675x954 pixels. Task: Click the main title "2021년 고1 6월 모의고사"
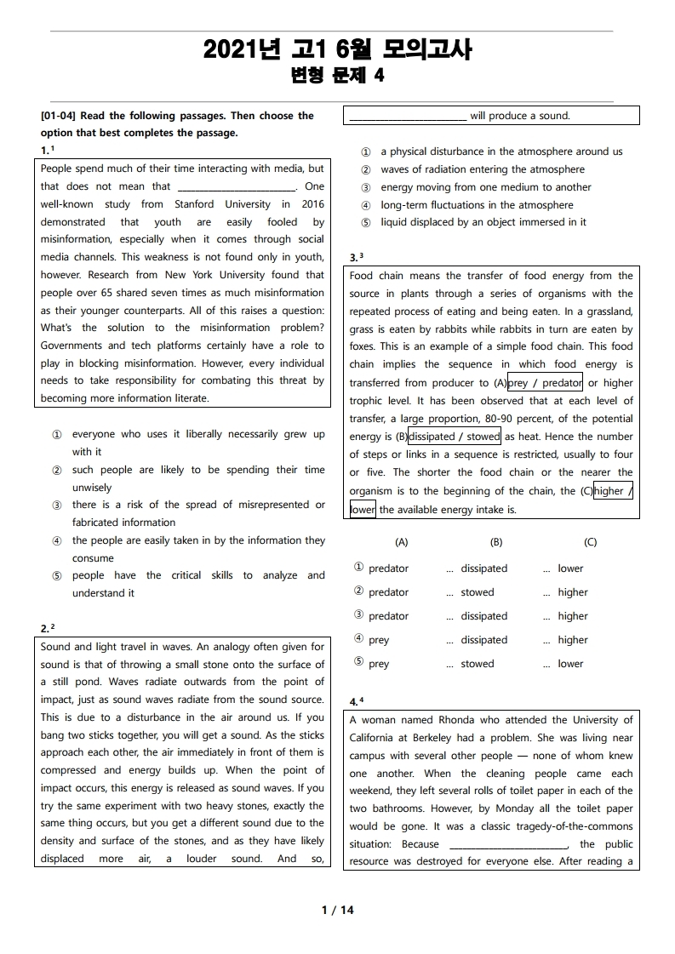tap(337, 50)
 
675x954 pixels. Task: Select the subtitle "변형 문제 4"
tap(337, 76)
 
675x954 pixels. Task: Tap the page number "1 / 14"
tap(337, 910)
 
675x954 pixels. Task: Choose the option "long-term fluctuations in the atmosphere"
tap(477, 205)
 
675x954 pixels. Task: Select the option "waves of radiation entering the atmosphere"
tap(483, 169)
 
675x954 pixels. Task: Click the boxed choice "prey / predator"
tap(545, 383)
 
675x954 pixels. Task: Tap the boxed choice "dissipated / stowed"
tap(455, 437)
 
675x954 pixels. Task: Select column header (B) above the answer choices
tap(496, 542)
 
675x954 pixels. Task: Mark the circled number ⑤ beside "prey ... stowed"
tap(358, 663)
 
